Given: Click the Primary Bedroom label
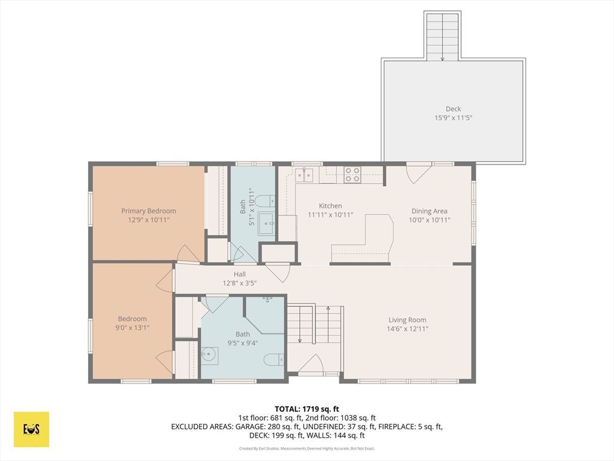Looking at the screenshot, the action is [149, 211].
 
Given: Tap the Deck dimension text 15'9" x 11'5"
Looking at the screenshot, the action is [453, 118].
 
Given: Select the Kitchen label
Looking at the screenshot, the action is [330, 206].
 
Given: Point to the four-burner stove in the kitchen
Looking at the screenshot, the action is [352, 175].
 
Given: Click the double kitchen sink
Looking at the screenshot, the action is [304, 175].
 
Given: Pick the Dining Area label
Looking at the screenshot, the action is [429, 211].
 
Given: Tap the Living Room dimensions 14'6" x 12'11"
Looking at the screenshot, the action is [407, 329].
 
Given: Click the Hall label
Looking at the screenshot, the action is [240, 274].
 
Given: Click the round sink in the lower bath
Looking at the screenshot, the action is [209, 355].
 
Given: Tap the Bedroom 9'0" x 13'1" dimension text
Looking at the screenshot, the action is [133, 328].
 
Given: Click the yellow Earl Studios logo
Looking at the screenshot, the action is [31, 429].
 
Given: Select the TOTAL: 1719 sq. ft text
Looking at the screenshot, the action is [306, 409].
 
